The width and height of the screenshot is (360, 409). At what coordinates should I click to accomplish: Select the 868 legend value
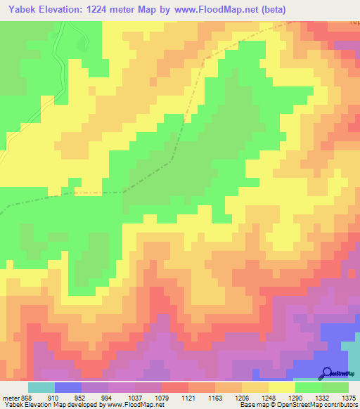(x=26, y=398)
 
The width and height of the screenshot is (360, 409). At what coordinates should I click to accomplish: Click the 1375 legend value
(x=349, y=398)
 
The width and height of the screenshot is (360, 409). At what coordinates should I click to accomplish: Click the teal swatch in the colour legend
(x=41, y=387)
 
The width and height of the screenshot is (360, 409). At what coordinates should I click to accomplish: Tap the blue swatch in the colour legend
(x=68, y=387)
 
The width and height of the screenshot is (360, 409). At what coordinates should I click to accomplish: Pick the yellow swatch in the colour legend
(x=282, y=387)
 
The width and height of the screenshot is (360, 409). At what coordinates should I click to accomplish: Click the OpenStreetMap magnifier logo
(x=327, y=372)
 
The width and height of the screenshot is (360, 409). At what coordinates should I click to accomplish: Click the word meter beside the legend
(x=9, y=398)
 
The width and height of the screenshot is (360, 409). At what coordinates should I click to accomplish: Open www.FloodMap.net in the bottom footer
(x=134, y=405)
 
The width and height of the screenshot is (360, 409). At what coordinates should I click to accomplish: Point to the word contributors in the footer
(x=342, y=405)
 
